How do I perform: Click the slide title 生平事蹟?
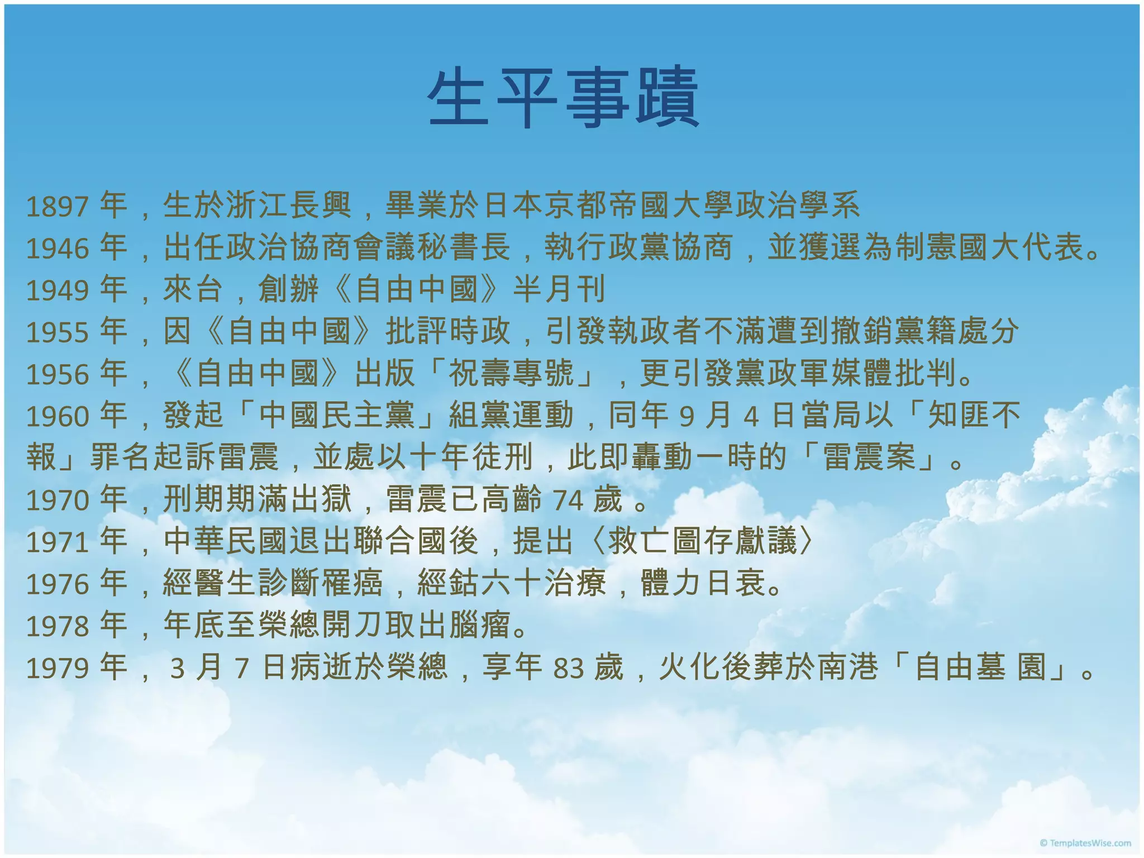click(563, 98)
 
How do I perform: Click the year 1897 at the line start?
click(58, 207)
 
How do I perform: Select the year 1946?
click(58, 249)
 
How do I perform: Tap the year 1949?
click(58, 290)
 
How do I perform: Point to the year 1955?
click(58, 332)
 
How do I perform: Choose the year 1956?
click(58, 374)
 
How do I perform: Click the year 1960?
click(58, 416)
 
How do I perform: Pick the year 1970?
click(58, 500)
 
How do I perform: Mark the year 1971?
click(58, 542)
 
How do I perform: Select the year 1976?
click(58, 584)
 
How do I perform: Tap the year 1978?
click(58, 626)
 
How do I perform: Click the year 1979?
click(58, 668)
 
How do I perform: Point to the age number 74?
click(568, 500)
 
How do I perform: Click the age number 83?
click(569, 668)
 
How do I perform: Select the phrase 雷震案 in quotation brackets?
click(870, 458)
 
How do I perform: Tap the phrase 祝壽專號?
click(512, 374)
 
